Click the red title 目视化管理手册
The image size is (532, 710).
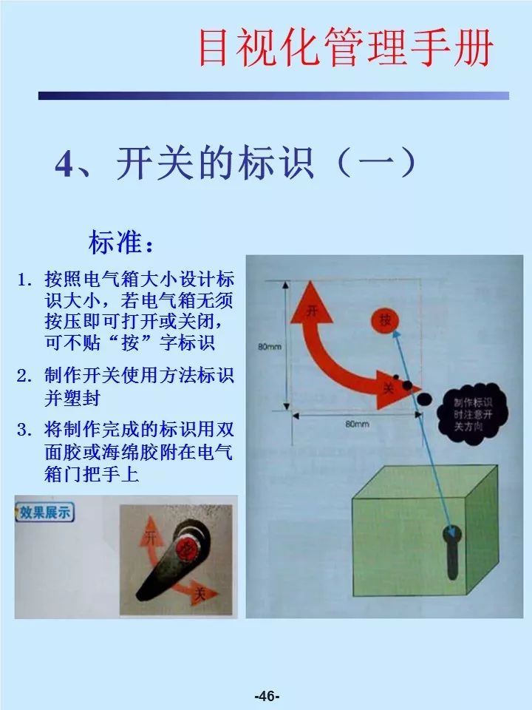[345, 48]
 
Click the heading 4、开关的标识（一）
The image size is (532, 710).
[236, 164]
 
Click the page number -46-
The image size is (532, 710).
[266, 696]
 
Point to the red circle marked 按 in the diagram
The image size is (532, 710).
[385, 320]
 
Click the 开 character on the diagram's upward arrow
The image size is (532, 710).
[312, 311]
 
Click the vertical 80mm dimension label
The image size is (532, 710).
[267, 345]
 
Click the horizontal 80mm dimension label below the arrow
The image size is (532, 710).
[356, 424]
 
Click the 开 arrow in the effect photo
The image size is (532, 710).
[153, 538]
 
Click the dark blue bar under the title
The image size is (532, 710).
[273, 95]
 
